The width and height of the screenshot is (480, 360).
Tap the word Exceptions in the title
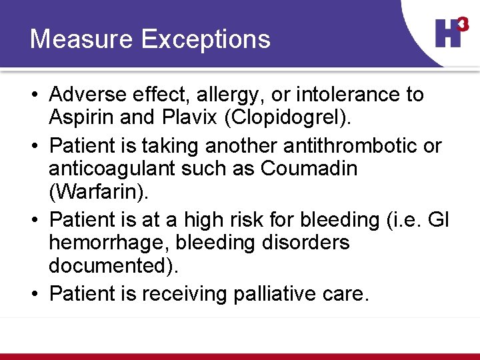(x=207, y=39)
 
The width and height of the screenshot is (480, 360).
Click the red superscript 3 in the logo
(x=463, y=24)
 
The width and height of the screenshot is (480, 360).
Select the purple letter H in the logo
(x=447, y=33)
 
